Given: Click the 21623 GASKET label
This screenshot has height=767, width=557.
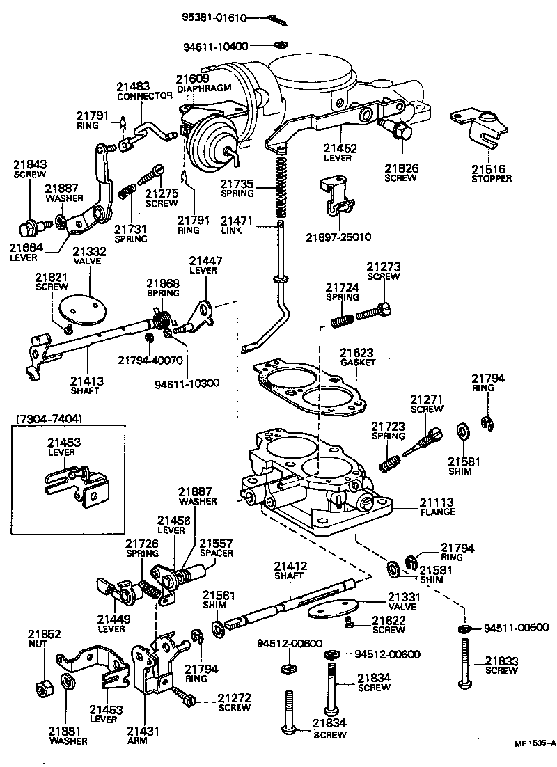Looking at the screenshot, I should pyautogui.click(x=358, y=358).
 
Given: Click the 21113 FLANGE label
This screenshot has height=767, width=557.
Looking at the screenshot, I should pyautogui.click(x=437, y=507).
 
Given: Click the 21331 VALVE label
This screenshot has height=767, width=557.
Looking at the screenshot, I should pyautogui.click(x=405, y=601).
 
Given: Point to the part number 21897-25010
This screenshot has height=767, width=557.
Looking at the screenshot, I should pyautogui.click(x=338, y=237).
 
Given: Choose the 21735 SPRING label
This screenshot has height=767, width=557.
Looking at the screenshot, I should pyautogui.click(x=237, y=189).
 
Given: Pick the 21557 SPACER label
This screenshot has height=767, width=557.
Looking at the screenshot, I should pyautogui.click(x=217, y=548).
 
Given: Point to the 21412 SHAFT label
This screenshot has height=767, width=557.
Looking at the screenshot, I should pyautogui.click(x=290, y=571).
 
